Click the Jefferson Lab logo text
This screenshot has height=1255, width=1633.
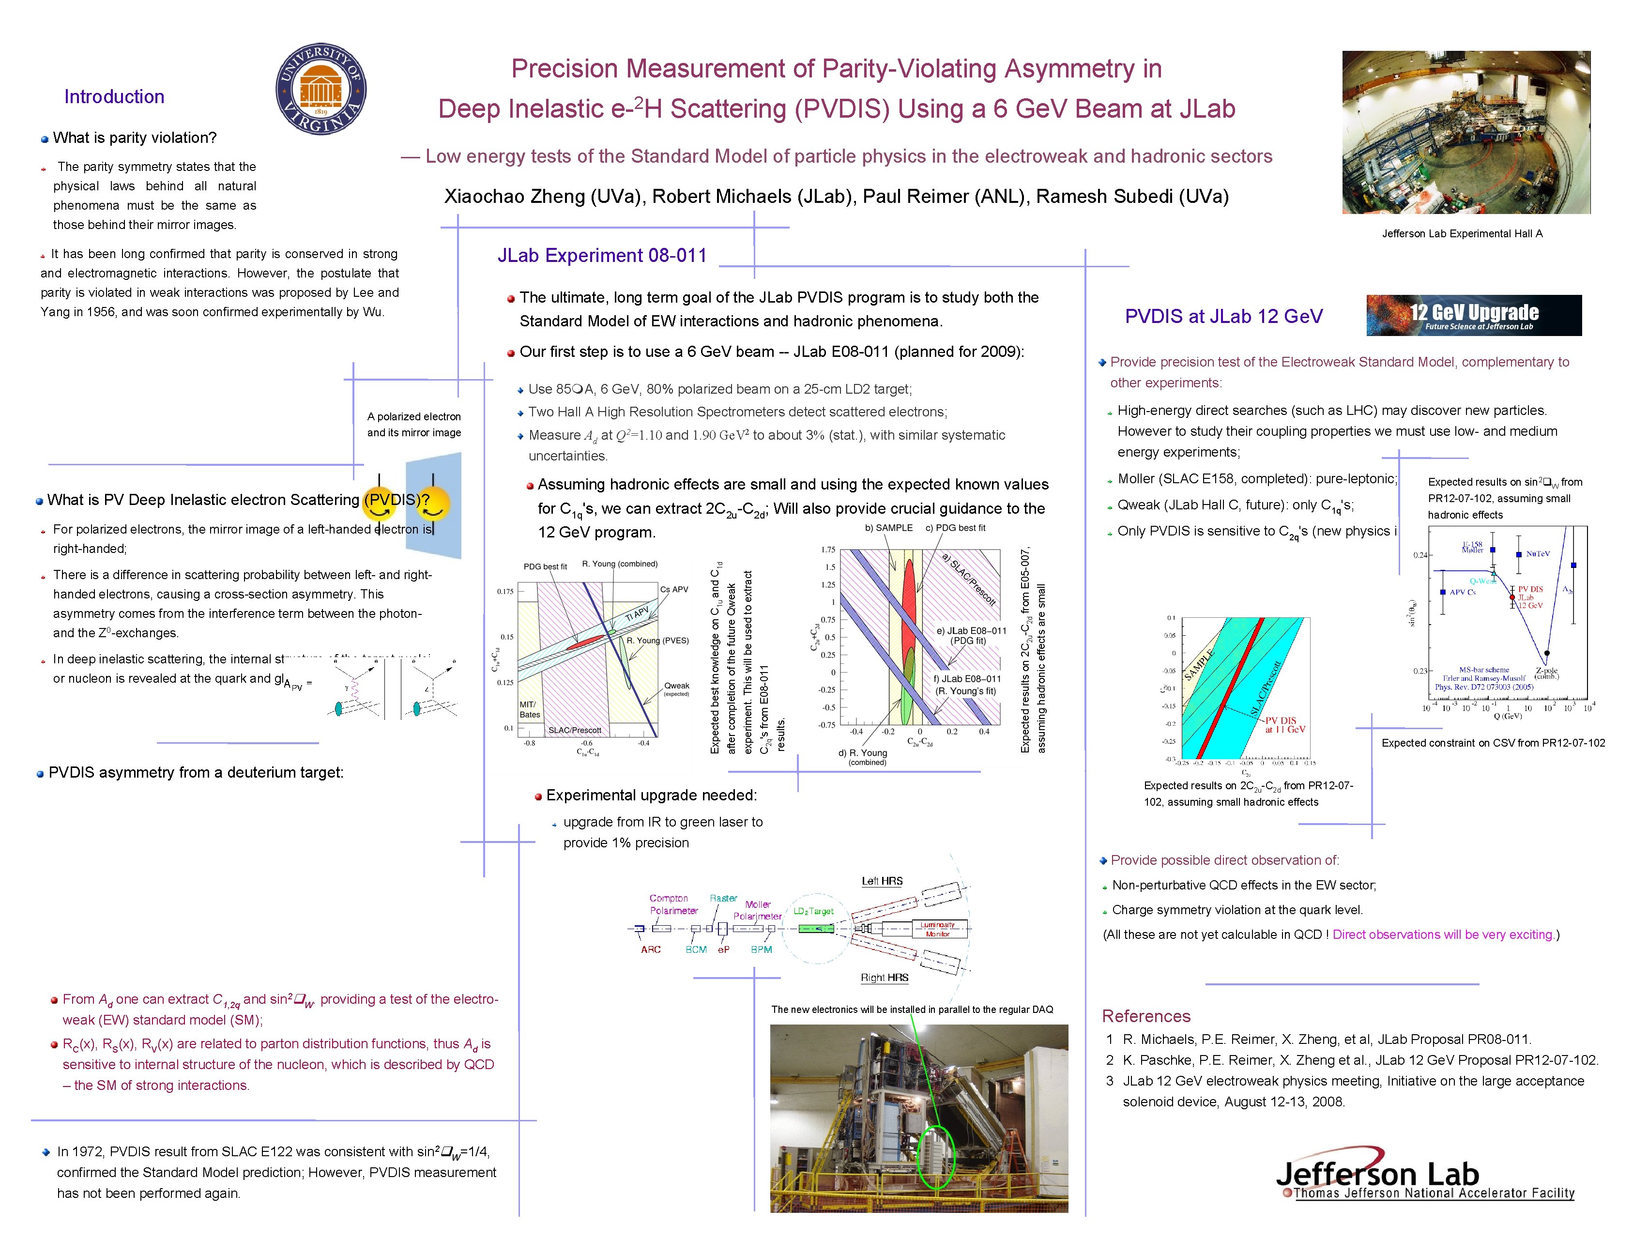[1377, 1174]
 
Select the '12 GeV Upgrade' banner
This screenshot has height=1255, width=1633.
[1473, 315]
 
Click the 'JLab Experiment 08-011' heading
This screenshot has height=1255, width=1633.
[602, 256]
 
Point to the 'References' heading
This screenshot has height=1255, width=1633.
[1146, 1016]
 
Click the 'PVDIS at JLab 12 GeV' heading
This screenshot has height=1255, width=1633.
[1223, 317]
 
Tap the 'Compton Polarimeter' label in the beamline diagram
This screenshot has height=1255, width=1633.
[673, 904]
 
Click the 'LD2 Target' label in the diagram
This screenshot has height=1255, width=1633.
[813, 911]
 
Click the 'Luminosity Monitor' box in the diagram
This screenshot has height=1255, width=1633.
[937, 929]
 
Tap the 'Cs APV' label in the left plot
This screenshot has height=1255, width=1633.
[674, 589]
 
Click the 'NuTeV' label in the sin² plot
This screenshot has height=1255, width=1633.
[1537, 553]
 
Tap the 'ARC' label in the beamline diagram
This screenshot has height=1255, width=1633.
[651, 949]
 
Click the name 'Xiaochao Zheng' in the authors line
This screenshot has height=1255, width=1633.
[514, 197]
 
